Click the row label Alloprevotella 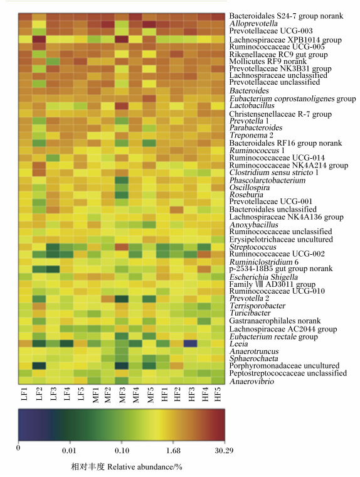(253, 23)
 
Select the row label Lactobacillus (251, 105)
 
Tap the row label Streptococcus (253, 247)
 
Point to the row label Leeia (239, 344)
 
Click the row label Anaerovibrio (251, 382)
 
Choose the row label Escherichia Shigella (263, 277)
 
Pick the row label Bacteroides (249, 90)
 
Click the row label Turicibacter (250, 313)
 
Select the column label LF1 (25, 394)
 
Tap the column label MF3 (122, 395)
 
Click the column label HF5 (218, 394)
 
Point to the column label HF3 (191, 394)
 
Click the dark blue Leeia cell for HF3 (190, 343)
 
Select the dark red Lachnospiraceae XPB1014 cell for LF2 (39, 40)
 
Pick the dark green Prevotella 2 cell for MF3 (122, 298)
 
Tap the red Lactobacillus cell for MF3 (122, 105)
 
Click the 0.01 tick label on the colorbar (69, 451)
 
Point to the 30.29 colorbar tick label (224, 451)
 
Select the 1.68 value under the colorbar (173, 451)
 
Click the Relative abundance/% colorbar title (145, 467)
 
